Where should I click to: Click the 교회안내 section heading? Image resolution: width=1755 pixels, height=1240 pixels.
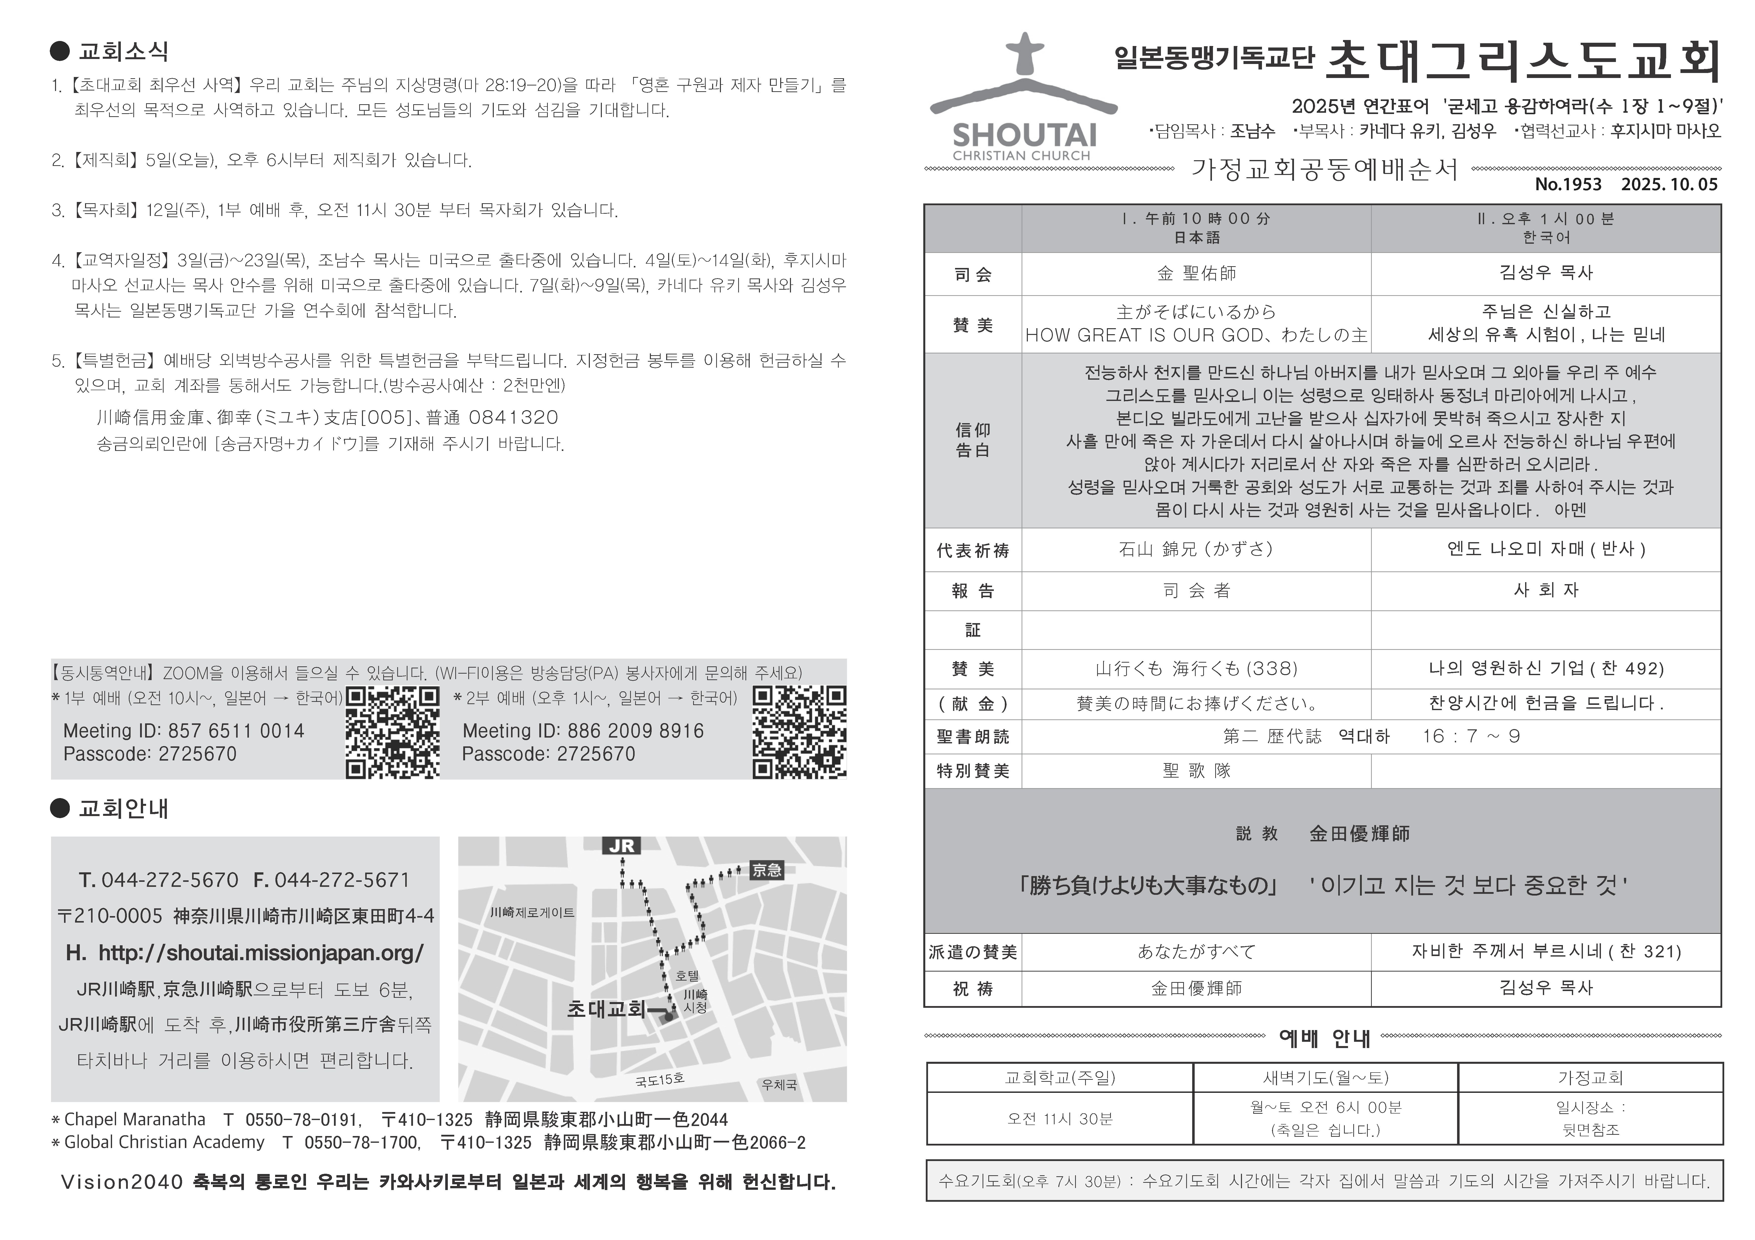(123, 808)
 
